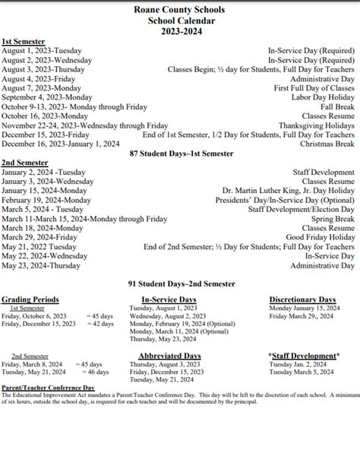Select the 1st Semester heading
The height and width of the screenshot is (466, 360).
(x=23, y=41)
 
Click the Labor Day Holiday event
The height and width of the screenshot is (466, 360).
(x=318, y=97)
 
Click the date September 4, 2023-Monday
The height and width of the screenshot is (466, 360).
(x=42, y=97)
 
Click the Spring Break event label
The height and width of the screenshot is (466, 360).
(x=331, y=218)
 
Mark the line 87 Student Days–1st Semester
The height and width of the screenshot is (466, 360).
(x=180, y=154)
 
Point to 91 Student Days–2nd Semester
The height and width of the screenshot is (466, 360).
(x=180, y=283)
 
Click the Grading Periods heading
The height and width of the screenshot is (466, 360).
(x=30, y=300)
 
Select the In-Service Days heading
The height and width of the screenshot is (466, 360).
(x=169, y=300)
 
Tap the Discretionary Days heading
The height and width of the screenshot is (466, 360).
(x=302, y=300)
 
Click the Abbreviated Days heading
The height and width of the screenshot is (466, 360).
(x=169, y=356)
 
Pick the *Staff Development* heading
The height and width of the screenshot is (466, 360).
(x=302, y=356)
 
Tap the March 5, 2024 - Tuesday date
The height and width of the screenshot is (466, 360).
(x=43, y=209)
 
